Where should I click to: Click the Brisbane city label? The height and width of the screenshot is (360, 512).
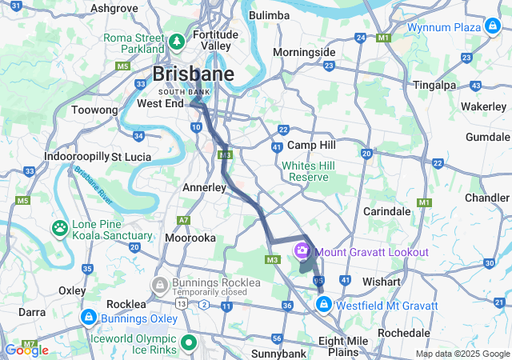click(x=193, y=74)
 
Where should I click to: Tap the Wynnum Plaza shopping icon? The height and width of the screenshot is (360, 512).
click(x=494, y=26)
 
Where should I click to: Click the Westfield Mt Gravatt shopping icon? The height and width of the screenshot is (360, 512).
click(x=325, y=306)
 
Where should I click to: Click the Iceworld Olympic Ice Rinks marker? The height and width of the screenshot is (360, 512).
click(x=190, y=343)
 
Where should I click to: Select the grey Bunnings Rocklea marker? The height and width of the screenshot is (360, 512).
click(x=160, y=284)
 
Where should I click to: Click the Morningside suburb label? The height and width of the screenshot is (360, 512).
click(x=303, y=52)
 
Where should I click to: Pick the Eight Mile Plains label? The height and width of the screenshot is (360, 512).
click(x=342, y=346)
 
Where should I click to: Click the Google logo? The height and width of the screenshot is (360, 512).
click(x=26, y=350)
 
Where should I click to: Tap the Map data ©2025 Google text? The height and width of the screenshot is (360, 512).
click(x=461, y=354)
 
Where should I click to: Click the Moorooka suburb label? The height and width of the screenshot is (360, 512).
click(x=190, y=238)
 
